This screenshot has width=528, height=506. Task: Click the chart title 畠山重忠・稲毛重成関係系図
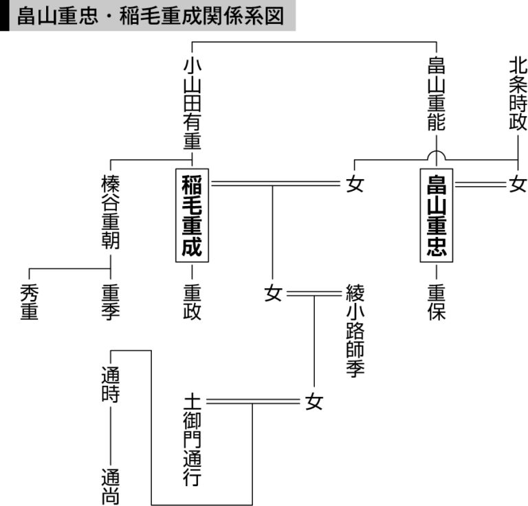pyautogui.click(x=151, y=16)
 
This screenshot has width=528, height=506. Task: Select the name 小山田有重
pyautogui.click(x=192, y=103)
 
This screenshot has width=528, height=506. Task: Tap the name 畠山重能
pyautogui.click(x=437, y=94)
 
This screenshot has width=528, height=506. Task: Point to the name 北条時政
pyautogui.click(x=518, y=94)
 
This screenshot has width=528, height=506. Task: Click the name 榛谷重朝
pyautogui.click(x=111, y=212)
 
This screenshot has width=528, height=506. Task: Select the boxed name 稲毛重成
pyautogui.click(x=192, y=215)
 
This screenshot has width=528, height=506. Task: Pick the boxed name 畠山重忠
pyautogui.click(x=437, y=215)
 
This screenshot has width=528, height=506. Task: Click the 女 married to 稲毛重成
pyautogui.click(x=355, y=184)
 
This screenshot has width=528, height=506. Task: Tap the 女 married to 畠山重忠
pyautogui.click(x=518, y=184)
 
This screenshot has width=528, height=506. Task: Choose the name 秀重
pyautogui.click(x=30, y=302)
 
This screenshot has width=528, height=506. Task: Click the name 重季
pyautogui.click(x=111, y=302)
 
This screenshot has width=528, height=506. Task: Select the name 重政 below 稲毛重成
pyautogui.click(x=192, y=302)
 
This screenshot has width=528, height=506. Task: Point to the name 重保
pyautogui.click(x=437, y=302)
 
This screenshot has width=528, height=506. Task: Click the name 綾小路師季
pyautogui.click(x=355, y=331)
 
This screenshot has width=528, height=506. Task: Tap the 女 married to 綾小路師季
pyautogui.click(x=273, y=294)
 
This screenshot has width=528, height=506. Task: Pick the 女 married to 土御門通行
pyautogui.click(x=314, y=402)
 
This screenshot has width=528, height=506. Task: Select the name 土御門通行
pyautogui.click(x=192, y=440)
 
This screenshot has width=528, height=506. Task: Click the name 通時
pyautogui.click(x=111, y=384)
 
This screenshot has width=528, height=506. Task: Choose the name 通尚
pyautogui.click(x=111, y=487)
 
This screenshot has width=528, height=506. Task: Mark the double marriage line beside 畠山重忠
pyautogui.click(x=481, y=184)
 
